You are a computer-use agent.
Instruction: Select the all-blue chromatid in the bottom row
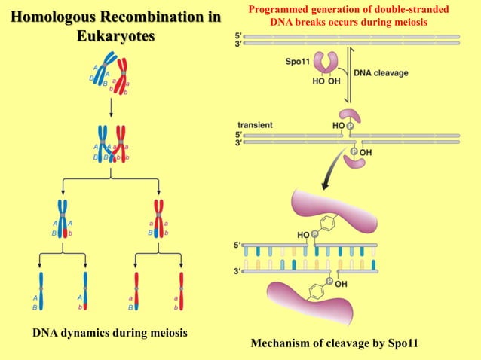tap(43, 291)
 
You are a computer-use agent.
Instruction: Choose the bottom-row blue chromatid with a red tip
tap(85, 291)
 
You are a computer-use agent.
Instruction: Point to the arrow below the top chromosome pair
tap(112, 108)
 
